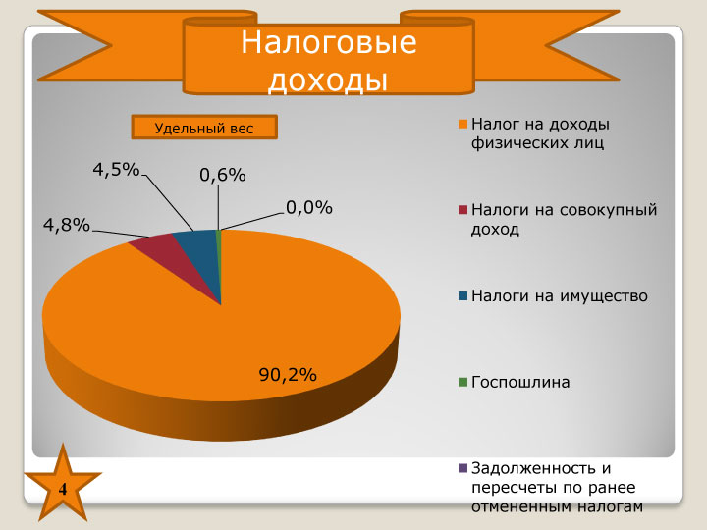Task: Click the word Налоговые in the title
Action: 329,43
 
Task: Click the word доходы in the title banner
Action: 328,80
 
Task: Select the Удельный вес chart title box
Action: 204,128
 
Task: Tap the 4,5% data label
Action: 116,170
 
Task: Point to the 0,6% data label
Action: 223,175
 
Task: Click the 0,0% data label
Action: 309,208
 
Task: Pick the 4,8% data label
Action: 67,225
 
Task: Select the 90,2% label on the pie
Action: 288,375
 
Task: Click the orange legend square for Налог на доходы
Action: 462,124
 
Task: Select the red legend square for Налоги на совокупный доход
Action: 462,210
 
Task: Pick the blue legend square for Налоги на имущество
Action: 462,296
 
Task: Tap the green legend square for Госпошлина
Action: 462,382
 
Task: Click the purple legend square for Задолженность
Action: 462,468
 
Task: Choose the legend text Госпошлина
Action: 520,383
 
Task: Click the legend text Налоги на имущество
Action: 560,296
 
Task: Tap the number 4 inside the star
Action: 63,490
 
